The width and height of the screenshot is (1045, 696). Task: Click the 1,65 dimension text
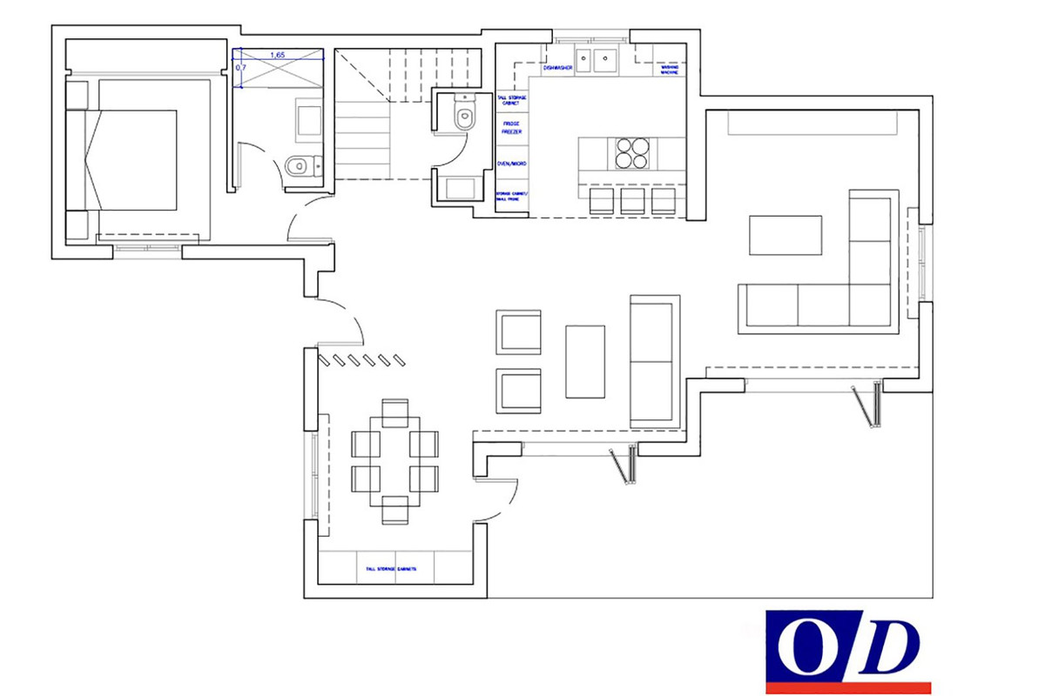(278, 55)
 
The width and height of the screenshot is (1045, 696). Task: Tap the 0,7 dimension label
(240, 67)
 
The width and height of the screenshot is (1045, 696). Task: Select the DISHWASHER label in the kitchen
(557, 67)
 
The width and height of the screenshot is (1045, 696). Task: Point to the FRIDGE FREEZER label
(511, 128)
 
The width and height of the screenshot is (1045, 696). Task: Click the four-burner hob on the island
(632, 153)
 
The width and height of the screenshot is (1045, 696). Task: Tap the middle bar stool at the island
(632, 201)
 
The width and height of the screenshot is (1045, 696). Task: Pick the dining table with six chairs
(394, 460)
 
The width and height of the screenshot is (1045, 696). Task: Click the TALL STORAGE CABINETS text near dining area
(391, 569)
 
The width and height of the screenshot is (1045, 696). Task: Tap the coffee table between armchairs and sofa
(585, 361)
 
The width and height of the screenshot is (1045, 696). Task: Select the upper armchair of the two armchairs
(518, 332)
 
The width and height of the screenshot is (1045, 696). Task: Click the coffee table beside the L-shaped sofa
(785, 235)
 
